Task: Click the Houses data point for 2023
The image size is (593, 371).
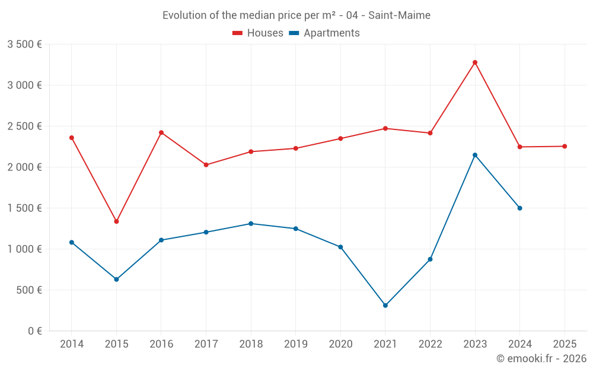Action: tap(475, 62)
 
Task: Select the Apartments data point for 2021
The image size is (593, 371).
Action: tap(385, 306)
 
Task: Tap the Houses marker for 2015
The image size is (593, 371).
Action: tap(116, 221)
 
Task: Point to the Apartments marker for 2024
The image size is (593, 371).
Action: tap(520, 208)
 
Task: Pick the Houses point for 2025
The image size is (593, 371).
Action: tap(565, 146)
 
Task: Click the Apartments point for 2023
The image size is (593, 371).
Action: tap(475, 155)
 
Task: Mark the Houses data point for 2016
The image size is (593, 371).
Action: tap(161, 132)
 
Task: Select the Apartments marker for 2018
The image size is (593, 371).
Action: tap(251, 224)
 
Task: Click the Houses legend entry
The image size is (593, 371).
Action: tap(258, 33)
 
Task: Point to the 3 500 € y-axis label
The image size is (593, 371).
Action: tap(24, 45)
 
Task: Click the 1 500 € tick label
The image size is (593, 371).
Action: tap(24, 208)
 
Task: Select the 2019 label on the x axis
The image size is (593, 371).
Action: tap(295, 344)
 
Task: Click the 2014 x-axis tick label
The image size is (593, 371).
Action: tap(71, 344)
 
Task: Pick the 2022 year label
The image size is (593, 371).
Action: tap(430, 344)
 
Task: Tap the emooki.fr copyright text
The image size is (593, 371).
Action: tap(541, 359)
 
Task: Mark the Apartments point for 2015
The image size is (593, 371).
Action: tap(116, 279)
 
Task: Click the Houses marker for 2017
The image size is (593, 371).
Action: tap(206, 165)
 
